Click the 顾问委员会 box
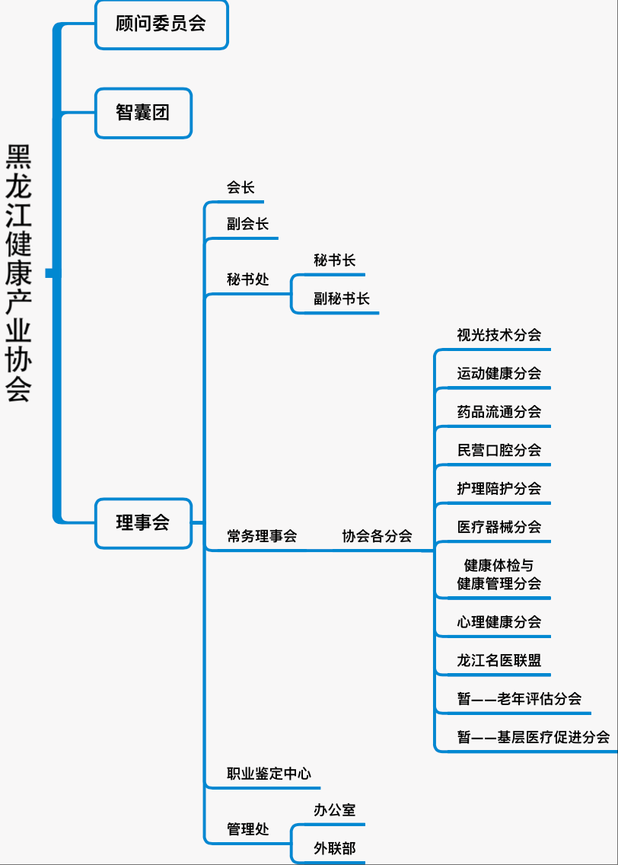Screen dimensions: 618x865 pos(161,25)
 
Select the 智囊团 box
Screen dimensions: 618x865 pos(143,113)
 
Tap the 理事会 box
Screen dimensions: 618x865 pos(143,524)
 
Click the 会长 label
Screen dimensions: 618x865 pos(241,187)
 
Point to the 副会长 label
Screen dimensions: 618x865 pos(247,224)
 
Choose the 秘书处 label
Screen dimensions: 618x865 pos(247,279)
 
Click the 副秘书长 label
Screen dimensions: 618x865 pos(341,299)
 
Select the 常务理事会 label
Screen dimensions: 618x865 pos(262,536)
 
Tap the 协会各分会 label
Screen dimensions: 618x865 pos(377,536)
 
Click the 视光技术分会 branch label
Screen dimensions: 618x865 pos(499,335)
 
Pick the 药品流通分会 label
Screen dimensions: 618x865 pos(499,411)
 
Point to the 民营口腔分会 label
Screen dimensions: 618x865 pos(499,450)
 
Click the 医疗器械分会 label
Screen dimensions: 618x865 pos(499,527)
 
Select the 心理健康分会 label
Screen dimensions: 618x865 pos(499,622)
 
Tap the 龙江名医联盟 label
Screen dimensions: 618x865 pos(499,660)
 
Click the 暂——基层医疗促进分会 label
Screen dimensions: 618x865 pos(534,737)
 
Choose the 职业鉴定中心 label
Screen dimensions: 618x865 pos(269,774)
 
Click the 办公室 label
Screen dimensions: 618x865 pos(335,810)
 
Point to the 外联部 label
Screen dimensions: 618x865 pos(335,848)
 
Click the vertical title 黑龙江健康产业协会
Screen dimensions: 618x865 pos(19,273)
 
